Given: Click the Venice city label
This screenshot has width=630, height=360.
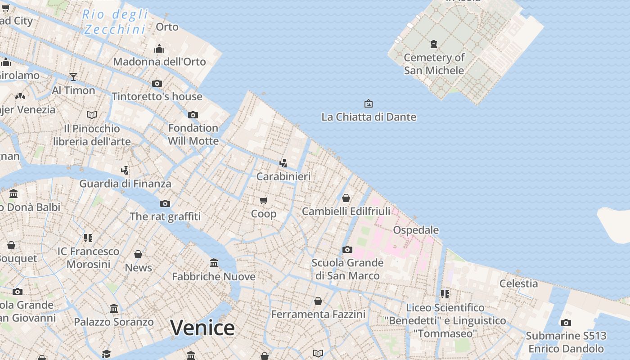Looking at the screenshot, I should [202, 328].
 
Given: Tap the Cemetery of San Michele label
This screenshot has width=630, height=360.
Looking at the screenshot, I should [434, 64].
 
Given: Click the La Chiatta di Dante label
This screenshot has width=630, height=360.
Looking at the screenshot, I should [369, 117].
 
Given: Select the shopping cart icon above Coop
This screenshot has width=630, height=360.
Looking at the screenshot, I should [264, 200].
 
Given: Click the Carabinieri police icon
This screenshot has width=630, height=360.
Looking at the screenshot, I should [283, 163].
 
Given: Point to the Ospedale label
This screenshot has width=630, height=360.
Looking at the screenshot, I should [416, 230].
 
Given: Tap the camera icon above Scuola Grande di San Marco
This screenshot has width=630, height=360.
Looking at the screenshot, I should [347, 249].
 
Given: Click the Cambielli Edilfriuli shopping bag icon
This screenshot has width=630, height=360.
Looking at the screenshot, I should [346, 198].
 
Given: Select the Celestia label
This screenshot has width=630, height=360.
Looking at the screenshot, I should [518, 283].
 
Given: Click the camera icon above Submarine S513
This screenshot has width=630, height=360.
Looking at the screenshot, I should [566, 323].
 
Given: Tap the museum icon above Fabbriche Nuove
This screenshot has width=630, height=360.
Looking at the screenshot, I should [214, 263].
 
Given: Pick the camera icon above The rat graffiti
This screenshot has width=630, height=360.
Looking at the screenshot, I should [165, 203].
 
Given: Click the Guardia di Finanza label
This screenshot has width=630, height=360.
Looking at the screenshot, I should [125, 184].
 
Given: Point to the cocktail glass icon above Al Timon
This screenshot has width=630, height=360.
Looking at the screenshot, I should [73, 77].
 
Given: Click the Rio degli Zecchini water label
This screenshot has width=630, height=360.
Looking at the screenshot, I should [116, 22].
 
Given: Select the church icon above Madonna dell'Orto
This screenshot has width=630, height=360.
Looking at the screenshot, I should [159, 49].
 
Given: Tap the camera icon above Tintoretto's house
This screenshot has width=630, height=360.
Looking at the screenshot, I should [157, 83].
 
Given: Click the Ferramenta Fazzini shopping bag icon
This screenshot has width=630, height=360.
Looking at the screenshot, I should [318, 301].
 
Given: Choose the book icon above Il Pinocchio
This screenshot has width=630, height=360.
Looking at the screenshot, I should [92, 115].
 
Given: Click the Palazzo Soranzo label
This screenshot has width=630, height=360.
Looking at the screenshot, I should [114, 322].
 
